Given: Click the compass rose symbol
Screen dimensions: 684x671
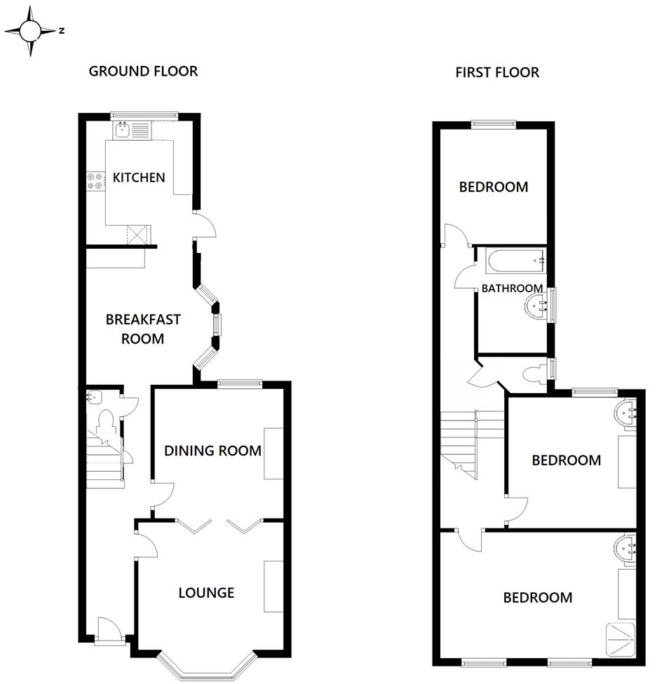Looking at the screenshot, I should coord(30,30).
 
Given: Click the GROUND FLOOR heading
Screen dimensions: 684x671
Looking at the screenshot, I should coord(143,71).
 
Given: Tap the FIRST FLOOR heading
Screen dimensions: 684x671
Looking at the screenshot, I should coord(497,72).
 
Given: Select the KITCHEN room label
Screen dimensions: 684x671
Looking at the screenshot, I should coord(140,177).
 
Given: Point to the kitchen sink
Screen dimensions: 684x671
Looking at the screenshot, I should coord(123,129).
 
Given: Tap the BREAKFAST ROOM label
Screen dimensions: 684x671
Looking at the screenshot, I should coord(143,329).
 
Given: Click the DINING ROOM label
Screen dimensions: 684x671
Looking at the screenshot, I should coord(212,450).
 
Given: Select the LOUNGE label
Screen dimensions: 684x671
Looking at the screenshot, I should coord(206,593).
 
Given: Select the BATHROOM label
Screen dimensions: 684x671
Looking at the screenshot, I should coord(512,288).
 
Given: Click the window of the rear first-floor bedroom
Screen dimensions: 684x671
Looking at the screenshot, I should coord(494,125).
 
